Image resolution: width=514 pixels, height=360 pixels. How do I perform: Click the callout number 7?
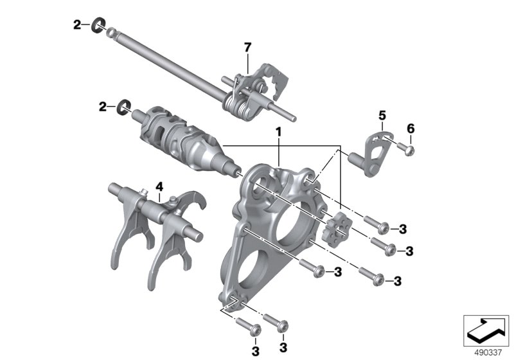click(247, 48)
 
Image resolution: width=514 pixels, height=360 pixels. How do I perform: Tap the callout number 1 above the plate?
click(279, 132)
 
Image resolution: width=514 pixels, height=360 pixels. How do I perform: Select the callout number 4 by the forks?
click(159, 187)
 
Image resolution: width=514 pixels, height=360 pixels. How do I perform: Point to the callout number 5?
click(382, 116)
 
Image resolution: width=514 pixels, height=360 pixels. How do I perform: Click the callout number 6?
click(411, 129)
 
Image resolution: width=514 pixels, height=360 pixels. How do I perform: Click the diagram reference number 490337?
click(488, 352)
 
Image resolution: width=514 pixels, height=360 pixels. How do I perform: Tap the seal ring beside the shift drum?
click(124, 107)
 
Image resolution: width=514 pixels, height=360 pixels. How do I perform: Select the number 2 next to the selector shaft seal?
click(77, 24)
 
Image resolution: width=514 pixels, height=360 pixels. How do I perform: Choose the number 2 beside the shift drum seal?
click(103, 107)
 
